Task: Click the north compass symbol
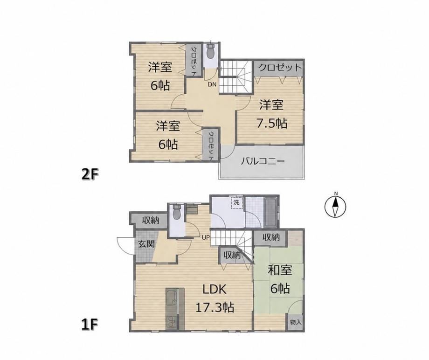point(335,207)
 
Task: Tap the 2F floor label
point(90,174)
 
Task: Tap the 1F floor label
point(90,325)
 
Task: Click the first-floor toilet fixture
point(176,212)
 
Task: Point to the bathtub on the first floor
point(270,212)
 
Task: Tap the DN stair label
point(212,84)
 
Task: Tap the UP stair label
point(206,237)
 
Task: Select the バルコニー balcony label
point(263,161)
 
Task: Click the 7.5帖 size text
point(272,124)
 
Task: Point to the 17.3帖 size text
point(214,308)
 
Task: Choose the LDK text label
point(214,289)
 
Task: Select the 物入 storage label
point(296,323)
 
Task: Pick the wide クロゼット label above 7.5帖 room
point(280,67)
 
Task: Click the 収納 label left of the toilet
point(151,220)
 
